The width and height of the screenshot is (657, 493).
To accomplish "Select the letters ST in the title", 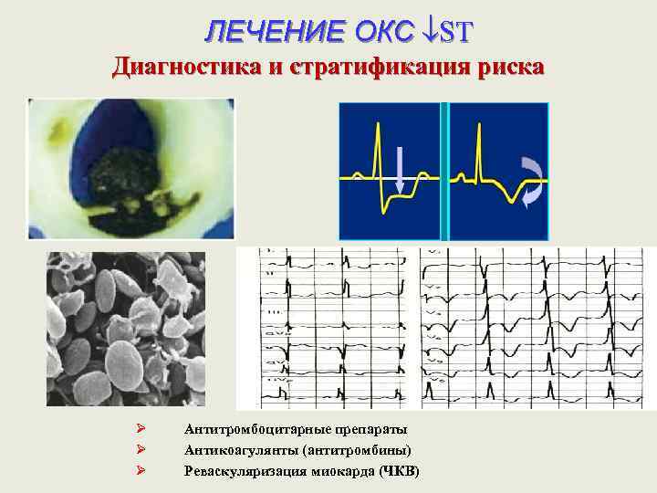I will click(455, 32).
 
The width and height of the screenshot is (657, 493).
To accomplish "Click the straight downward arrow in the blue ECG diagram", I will click(400, 171).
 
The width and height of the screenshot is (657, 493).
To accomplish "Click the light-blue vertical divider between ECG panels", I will click(444, 171).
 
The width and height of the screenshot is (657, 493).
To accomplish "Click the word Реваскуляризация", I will click(237, 471).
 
